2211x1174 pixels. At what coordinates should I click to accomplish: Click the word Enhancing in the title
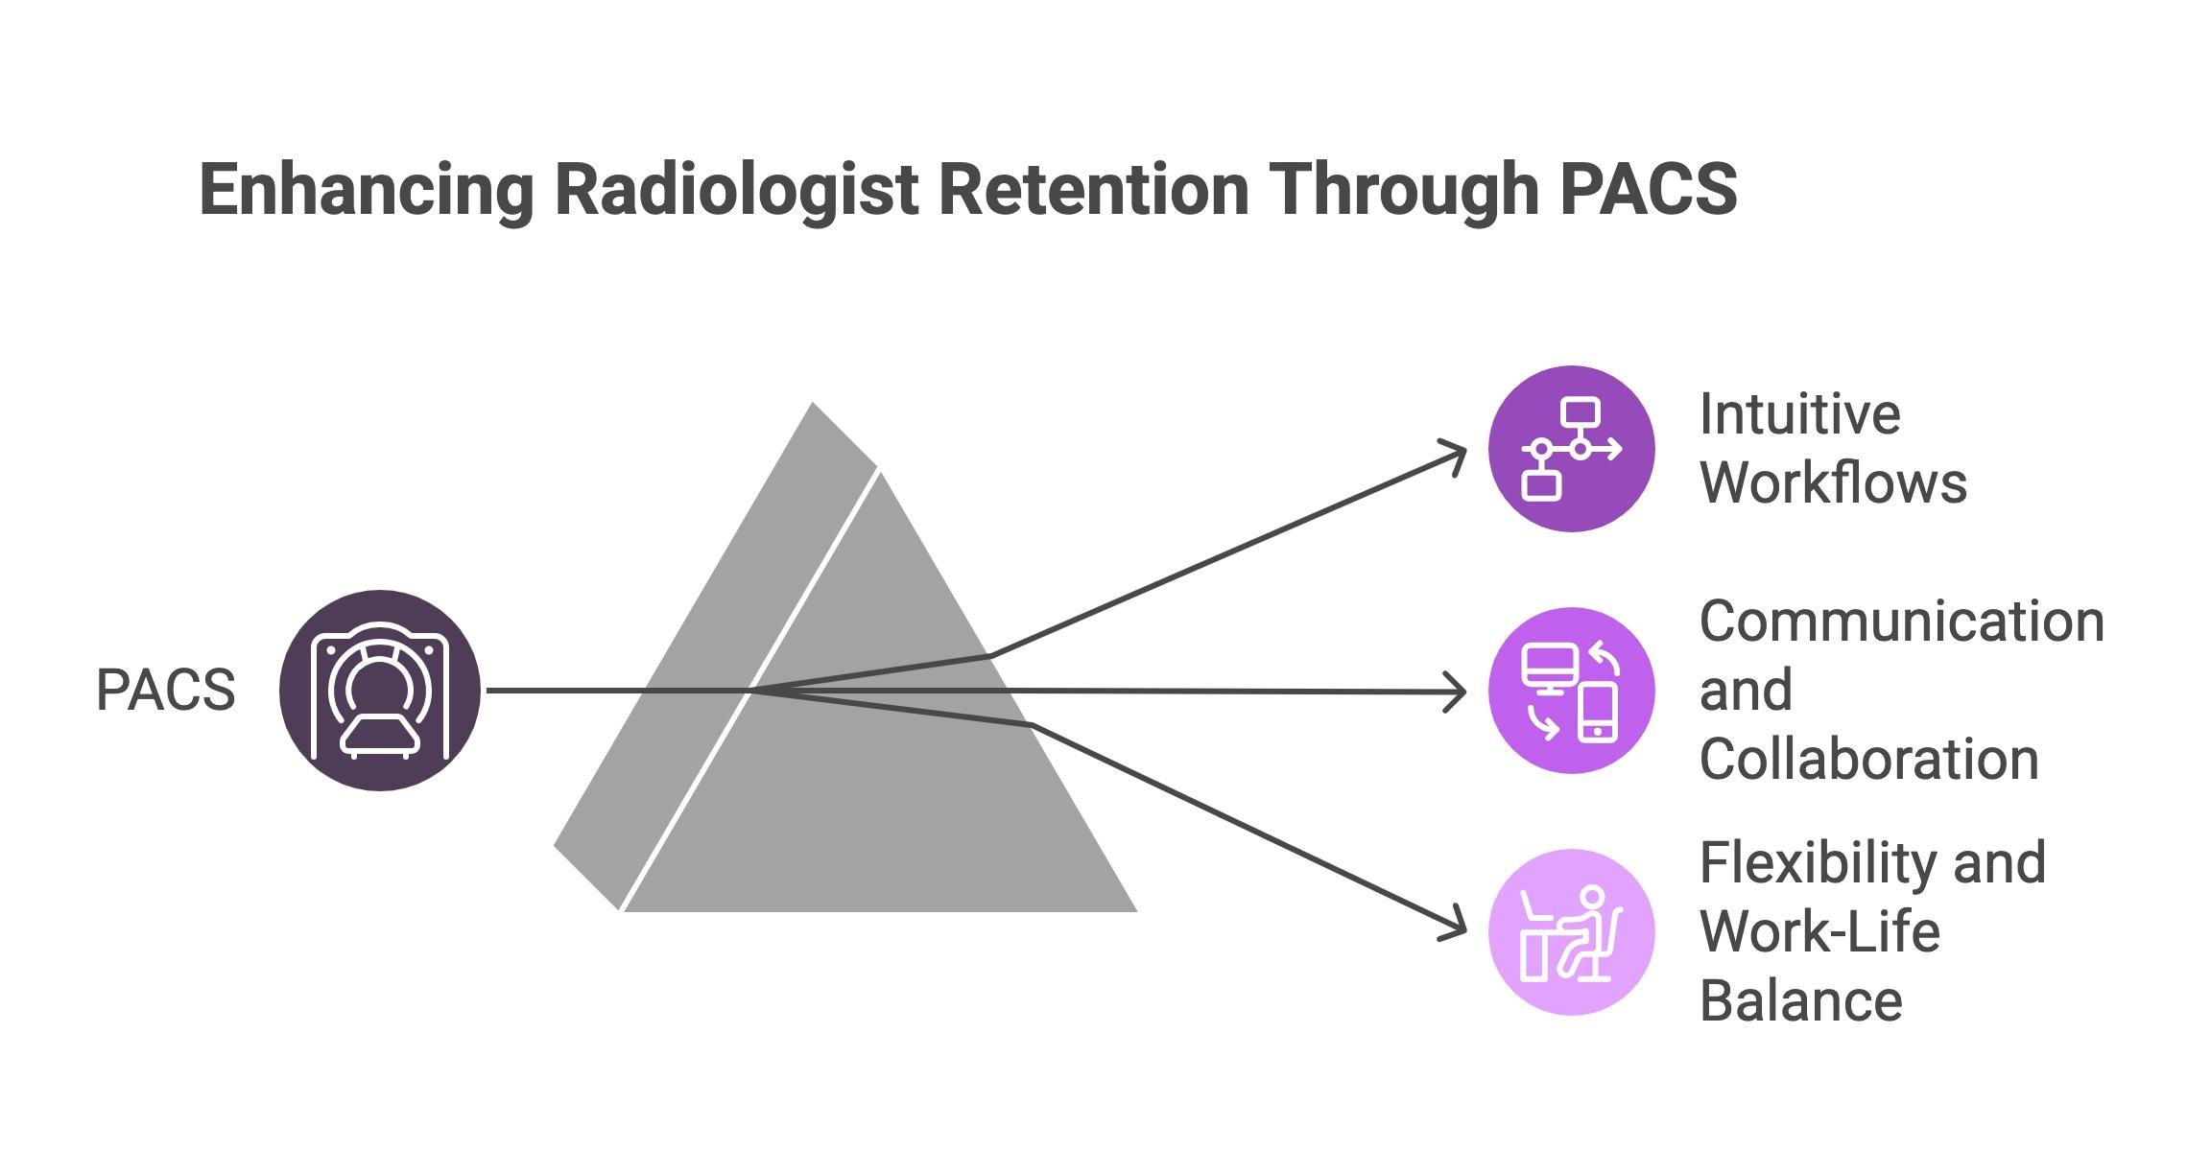[366, 190]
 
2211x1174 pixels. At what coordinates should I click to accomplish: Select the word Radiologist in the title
[738, 190]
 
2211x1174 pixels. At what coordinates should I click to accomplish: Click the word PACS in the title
[1648, 190]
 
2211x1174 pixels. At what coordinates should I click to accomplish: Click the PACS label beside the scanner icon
[165, 691]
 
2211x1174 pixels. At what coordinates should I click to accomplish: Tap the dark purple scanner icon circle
[380, 691]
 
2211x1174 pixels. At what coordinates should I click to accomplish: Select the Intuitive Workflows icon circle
[1571, 449]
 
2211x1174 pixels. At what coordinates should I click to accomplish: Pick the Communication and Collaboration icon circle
[1571, 691]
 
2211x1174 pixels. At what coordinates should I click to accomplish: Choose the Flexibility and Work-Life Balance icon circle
[1571, 932]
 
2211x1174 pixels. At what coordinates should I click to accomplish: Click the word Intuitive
[1799, 414]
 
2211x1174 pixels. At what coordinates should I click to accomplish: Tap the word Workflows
[1833, 482]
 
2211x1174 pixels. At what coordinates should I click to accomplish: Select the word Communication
[1902, 622]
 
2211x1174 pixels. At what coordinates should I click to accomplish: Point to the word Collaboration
[1868, 760]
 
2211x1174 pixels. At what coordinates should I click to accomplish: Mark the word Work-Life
[1819, 932]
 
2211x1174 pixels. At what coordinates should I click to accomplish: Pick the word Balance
[1800, 1001]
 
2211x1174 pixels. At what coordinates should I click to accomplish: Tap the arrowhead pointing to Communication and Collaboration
[1459, 692]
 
